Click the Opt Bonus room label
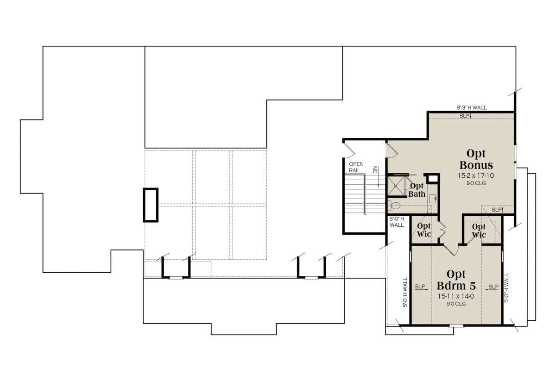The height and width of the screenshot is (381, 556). tap(476, 159)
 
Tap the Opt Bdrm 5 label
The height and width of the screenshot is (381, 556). tap(456, 280)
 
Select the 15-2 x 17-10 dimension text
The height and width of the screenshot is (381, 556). tap(476, 176)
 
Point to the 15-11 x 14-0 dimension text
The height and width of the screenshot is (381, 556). tap(456, 296)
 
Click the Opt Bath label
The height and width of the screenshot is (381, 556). tap(417, 190)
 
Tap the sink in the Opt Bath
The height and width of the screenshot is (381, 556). tap(433, 199)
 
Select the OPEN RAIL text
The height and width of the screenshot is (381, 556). tap(356, 167)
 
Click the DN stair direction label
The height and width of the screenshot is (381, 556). tap(375, 169)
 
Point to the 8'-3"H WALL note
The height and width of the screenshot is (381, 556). tap(472, 108)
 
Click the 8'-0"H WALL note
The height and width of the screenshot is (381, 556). tap(397, 222)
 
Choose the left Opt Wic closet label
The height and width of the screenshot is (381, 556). tap(423, 230)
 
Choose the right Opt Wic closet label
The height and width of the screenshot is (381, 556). tap(479, 231)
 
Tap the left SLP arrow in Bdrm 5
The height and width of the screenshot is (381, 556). tap(422, 287)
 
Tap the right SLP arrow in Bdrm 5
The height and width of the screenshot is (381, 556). tap(492, 287)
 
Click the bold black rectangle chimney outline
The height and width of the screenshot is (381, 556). tap(151, 205)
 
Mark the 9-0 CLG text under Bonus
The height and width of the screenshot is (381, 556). tap(476, 183)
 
